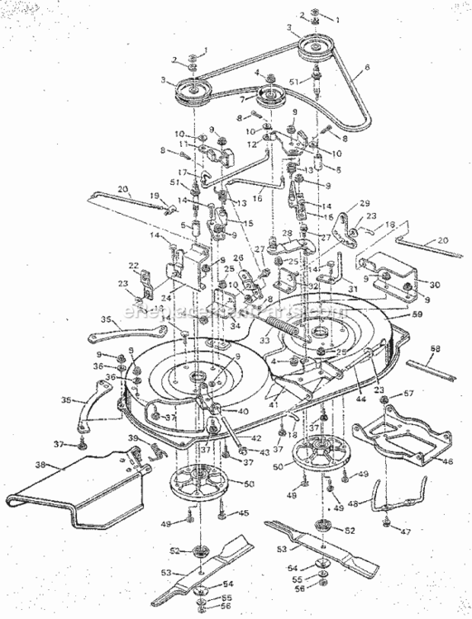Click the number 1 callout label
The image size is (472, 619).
336,18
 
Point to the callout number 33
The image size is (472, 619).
266,339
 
